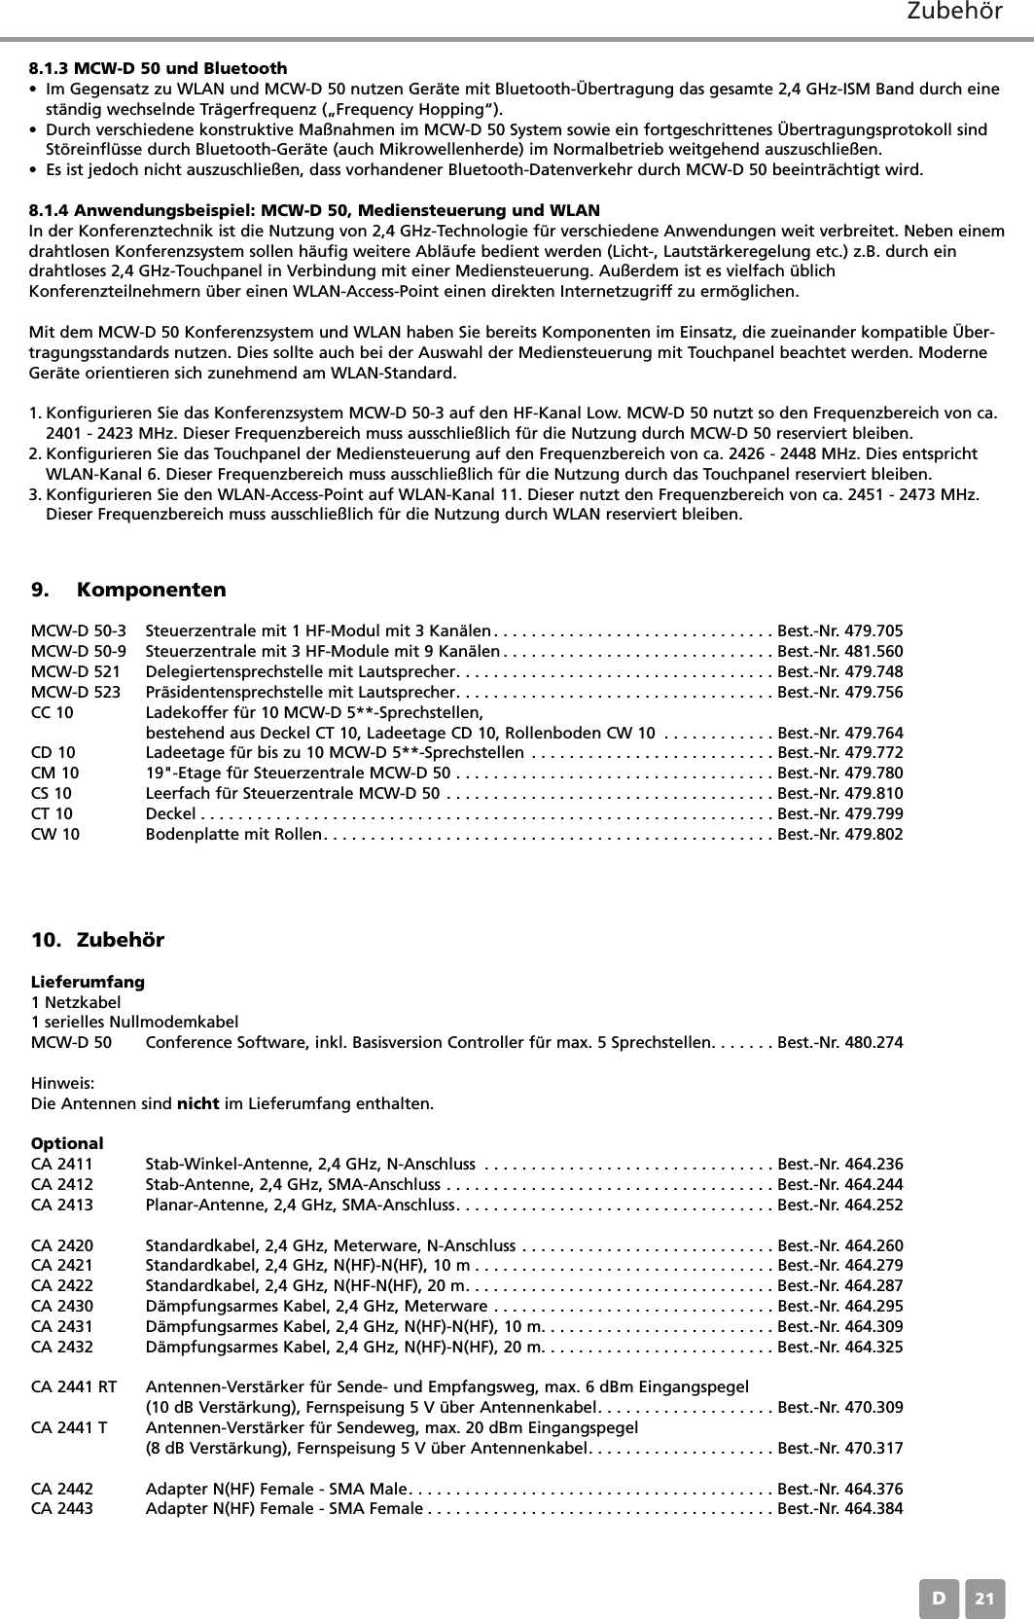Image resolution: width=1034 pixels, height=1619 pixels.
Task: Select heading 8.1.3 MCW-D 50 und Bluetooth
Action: click(159, 68)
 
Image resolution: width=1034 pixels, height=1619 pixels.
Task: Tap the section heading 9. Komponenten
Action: click(128, 591)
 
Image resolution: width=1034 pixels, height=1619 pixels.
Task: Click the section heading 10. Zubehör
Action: click(98, 940)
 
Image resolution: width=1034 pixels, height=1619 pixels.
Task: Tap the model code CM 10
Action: click(55, 774)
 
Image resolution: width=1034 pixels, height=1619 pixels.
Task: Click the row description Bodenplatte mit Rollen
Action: click(232, 835)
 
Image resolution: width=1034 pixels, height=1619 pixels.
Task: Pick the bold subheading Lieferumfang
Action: click(88, 982)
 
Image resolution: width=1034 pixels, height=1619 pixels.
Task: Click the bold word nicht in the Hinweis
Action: click(197, 1104)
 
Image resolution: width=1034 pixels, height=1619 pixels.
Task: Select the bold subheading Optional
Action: click(67, 1144)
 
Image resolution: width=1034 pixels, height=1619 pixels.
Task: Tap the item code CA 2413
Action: click(62, 1205)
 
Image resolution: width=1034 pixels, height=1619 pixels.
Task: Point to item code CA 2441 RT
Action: click(74, 1386)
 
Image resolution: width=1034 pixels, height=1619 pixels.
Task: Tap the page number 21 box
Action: click(985, 1599)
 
